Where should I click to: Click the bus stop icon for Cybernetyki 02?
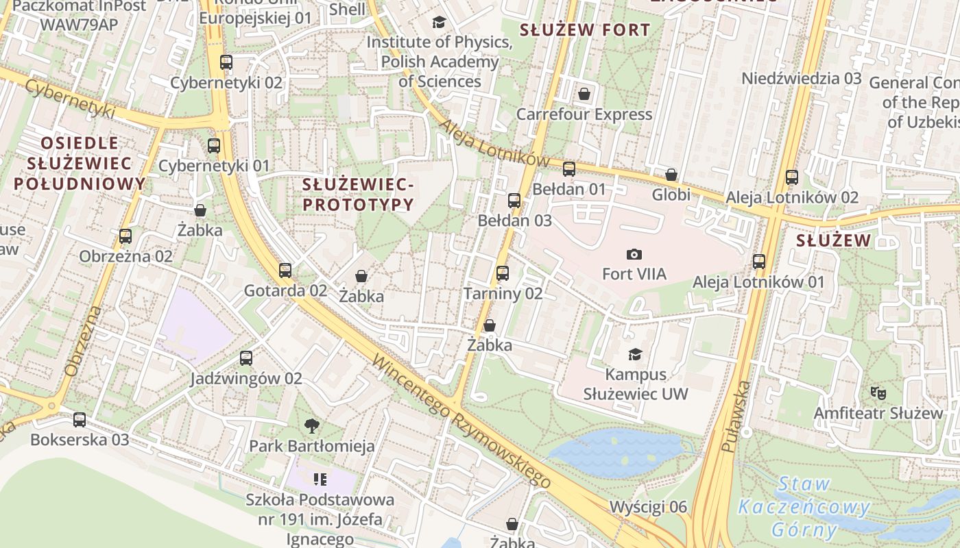[226, 62]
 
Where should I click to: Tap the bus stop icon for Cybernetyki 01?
[214, 145]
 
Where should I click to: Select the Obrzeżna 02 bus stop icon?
[125, 236]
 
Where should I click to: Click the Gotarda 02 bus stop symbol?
[285, 271]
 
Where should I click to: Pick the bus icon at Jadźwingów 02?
[246, 358]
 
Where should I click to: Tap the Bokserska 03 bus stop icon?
[80, 420]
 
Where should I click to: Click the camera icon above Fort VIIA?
[634, 254]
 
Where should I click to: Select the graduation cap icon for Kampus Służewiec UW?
[636, 354]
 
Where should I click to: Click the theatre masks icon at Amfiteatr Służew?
[878, 393]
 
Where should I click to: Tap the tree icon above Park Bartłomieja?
[312, 426]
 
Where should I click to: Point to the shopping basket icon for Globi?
[671, 175]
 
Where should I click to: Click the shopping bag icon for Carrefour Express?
[584, 94]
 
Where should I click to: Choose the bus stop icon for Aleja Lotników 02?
[792, 177]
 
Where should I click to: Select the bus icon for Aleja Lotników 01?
[759, 262]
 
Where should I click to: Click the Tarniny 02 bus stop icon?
[503, 273]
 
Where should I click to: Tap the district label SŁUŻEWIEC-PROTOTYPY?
[359, 195]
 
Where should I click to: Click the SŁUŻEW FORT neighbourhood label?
[584, 30]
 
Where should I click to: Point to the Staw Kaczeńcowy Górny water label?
[804, 508]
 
